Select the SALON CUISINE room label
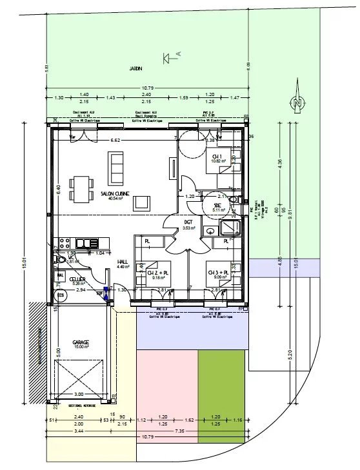click(x=115, y=193)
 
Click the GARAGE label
click(x=80, y=342)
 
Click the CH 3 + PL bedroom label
click(x=219, y=273)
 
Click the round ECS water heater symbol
click(x=61, y=295)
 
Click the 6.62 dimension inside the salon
click(x=115, y=140)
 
